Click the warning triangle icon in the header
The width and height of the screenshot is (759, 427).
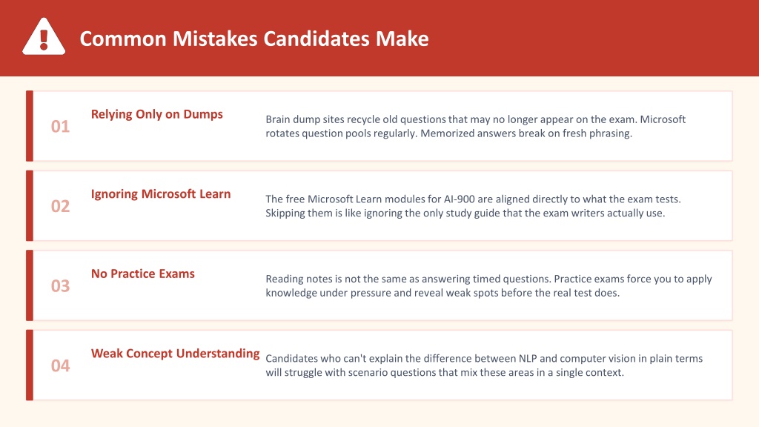[x=44, y=36]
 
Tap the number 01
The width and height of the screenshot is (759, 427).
[x=61, y=126]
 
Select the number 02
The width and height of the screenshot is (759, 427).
[x=61, y=206]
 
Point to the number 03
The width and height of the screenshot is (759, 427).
[x=61, y=286]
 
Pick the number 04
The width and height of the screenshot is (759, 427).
[x=61, y=365]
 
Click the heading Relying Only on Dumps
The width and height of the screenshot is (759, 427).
[x=157, y=114]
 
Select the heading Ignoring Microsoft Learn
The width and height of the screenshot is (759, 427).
[x=161, y=194]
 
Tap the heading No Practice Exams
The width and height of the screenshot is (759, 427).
[x=143, y=274]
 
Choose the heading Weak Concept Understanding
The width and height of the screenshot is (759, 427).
[x=175, y=354]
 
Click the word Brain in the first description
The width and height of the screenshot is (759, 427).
[x=278, y=119]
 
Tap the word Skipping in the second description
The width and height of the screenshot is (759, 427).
[x=285, y=213]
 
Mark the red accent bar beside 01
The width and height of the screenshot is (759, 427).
[x=30, y=126]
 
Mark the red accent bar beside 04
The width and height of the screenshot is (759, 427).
[x=30, y=365]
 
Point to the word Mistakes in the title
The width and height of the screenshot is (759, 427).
[x=215, y=39]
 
